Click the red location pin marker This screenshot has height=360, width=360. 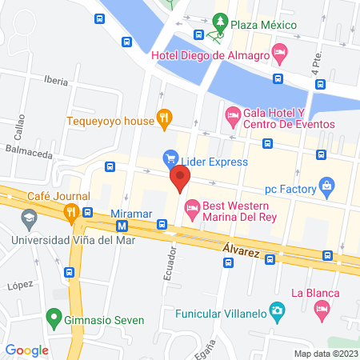179,179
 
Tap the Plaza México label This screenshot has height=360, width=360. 263,25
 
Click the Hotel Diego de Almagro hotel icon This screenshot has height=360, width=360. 279,54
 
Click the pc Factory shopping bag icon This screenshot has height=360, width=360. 326,189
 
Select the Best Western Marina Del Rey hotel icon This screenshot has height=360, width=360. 192,210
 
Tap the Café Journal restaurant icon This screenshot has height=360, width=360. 71,211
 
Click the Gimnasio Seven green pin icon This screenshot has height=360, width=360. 54,320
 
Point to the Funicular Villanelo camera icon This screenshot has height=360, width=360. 276,310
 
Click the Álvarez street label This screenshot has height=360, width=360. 242,251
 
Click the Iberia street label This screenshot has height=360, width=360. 56,81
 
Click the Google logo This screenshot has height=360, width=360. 27,350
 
